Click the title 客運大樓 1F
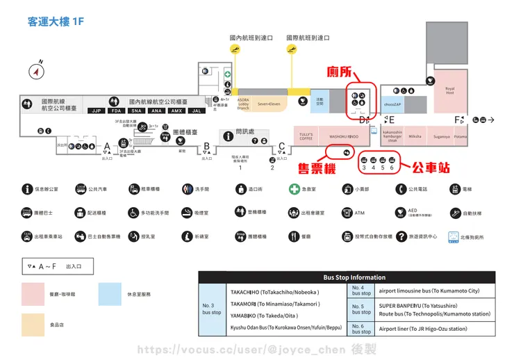[55, 22]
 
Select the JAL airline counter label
[197, 111]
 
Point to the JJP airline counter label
[97, 111]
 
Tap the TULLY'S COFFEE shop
[306, 136]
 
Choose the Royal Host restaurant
[449, 90]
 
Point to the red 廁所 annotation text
[342, 73]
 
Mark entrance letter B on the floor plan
[206, 146]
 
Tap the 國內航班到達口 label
[251, 38]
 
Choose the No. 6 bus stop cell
[361, 328]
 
